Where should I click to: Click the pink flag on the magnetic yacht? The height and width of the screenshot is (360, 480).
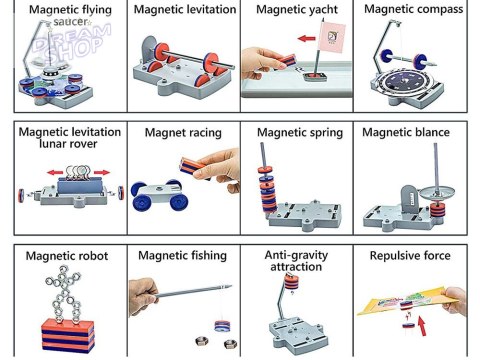tap(332, 37)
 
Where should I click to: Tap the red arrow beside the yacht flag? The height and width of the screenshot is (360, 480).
tap(307, 39)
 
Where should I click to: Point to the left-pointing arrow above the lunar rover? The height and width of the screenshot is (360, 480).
tap(55, 173)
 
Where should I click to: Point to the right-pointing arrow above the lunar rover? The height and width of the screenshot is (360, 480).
tap(102, 172)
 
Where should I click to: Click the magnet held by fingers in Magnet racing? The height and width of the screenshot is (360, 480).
tap(194, 166)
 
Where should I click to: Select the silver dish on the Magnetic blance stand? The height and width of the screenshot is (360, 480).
tap(436, 192)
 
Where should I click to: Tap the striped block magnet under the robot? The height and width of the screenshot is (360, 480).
tap(68, 336)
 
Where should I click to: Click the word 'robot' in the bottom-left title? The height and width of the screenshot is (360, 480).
tap(93, 256)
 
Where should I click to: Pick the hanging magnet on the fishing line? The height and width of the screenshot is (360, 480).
tap(222, 326)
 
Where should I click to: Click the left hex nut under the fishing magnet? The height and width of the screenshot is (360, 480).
tap(201, 341)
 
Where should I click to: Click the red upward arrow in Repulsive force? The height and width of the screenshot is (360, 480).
tap(422, 326)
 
